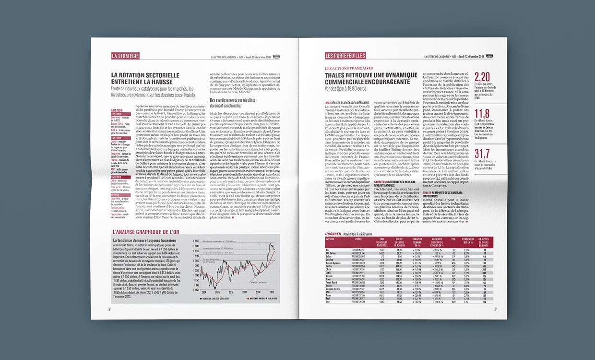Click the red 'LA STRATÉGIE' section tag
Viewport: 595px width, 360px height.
tap(125, 56)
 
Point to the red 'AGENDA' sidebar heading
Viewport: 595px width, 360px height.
tap(117, 110)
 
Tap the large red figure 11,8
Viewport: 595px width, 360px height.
tap(482, 113)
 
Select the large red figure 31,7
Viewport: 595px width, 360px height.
tap(482, 153)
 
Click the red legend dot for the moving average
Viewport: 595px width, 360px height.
tap(248, 298)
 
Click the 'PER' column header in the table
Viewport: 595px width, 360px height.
tap(453, 239)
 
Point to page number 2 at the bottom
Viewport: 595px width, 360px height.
tap(109, 309)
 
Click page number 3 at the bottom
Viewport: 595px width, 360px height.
tap(496, 309)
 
